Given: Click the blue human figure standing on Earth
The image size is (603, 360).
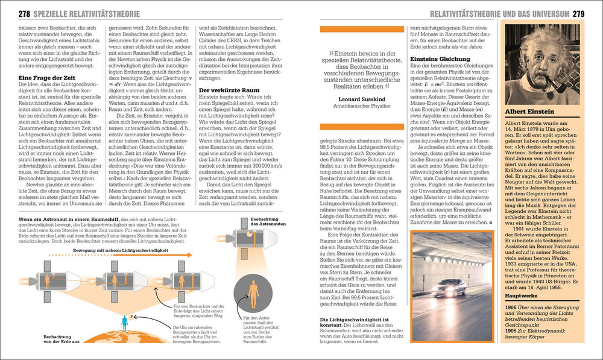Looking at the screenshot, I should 124,323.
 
